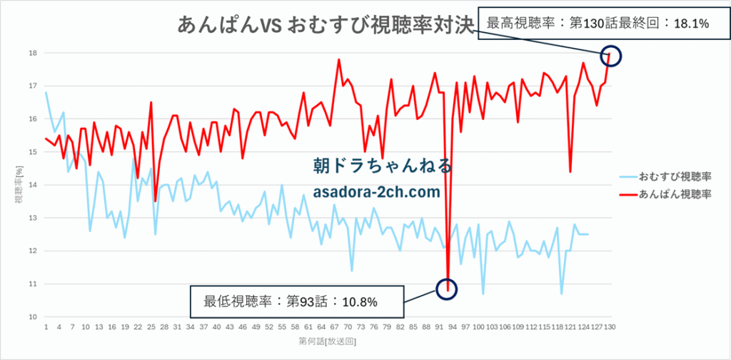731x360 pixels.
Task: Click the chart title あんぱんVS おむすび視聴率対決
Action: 326,25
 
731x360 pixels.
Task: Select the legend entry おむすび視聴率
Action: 675,175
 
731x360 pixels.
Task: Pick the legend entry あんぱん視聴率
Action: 675,194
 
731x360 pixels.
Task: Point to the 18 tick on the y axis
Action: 33,53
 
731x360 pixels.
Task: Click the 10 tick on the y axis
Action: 33,316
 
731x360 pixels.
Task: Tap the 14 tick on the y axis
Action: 33,185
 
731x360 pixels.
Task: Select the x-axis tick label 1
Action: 46,327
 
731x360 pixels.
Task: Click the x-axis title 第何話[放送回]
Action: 328,343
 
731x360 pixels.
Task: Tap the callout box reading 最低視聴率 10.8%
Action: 298,301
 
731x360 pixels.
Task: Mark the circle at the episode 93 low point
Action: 447,289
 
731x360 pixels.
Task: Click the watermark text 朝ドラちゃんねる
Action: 383,166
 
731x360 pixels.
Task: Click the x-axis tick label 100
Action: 479,327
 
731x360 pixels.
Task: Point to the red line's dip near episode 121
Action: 570,171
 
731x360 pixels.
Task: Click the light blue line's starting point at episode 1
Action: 46,92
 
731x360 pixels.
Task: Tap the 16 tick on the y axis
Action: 33,119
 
